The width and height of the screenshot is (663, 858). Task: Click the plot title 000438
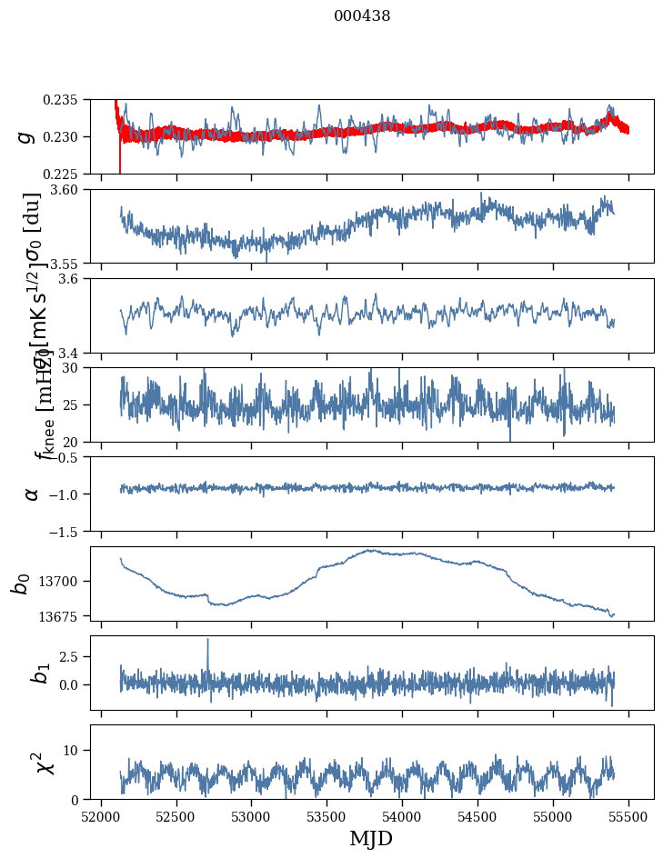tap(362, 16)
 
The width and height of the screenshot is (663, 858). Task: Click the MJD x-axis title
tap(371, 839)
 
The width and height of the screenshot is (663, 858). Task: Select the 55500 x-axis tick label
tap(628, 816)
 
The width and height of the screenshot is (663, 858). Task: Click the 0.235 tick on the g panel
tap(65, 99)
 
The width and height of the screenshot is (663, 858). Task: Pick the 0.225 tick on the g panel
tap(65, 174)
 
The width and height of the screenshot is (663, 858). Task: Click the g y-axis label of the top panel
tap(27, 136)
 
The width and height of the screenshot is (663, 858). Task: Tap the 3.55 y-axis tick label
tap(72, 263)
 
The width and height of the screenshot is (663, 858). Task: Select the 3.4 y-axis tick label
tap(75, 352)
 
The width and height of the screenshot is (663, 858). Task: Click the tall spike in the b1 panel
tap(207, 641)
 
